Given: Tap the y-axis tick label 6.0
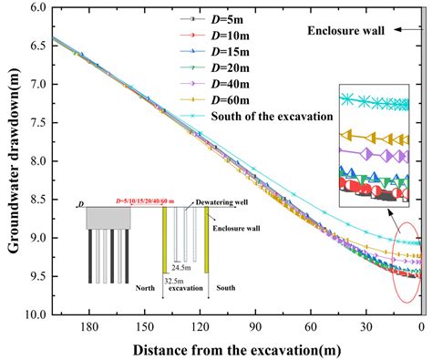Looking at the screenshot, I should tap(35, 7).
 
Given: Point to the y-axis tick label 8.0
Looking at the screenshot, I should tap(35, 161).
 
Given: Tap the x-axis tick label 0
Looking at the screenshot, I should tap(421, 326).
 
